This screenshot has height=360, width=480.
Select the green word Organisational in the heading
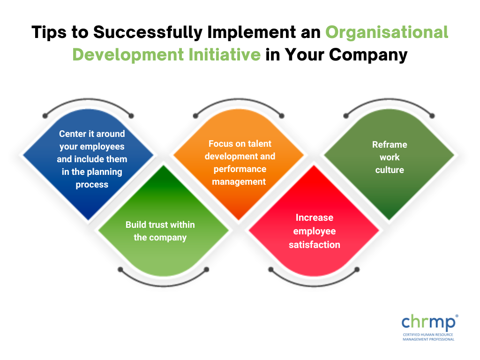coord(387,32)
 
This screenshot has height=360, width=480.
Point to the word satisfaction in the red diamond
coord(314,245)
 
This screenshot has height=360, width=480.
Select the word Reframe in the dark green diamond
coord(390,144)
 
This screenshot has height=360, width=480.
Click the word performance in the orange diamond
coord(240,169)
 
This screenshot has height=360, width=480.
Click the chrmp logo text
coord(427,322)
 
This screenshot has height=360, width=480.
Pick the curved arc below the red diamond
coord(314,281)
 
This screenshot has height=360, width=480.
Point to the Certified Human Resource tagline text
coord(428,335)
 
